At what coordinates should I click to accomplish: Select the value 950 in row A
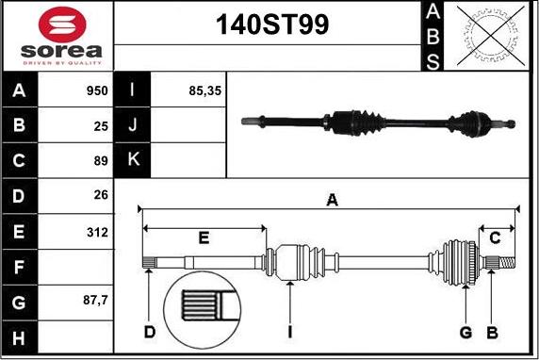click(95, 91)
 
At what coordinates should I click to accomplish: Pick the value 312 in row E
click(95, 231)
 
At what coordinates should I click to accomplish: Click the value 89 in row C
click(100, 161)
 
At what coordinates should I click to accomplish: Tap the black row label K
click(132, 160)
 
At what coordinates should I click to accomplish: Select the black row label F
click(19, 267)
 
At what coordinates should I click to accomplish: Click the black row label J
click(132, 125)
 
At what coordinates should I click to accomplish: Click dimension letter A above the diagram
click(331, 199)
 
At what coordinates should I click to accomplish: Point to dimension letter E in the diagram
click(204, 238)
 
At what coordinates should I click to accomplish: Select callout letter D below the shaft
click(149, 332)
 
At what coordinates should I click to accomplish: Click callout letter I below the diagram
click(290, 332)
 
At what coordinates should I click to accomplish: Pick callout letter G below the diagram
click(465, 332)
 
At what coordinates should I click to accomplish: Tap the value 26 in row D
click(100, 196)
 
